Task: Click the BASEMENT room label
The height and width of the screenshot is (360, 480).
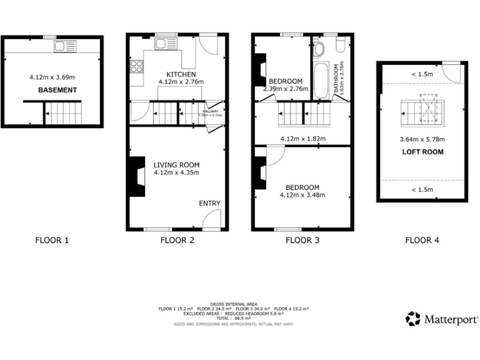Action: pyautogui.click(x=57, y=90)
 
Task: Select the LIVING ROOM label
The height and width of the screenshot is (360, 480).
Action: pyautogui.click(x=177, y=165)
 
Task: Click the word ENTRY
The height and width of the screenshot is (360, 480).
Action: pyautogui.click(x=209, y=204)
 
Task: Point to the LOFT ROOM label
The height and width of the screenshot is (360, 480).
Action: pyautogui.click(x=422, y=152)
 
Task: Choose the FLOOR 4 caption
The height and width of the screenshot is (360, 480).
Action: pyautogui.click(x=422, y=240)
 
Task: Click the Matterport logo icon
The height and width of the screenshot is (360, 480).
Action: pyautogui.click(x=413, y=319)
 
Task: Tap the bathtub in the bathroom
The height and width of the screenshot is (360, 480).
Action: pyautogui.click(x=321, y=80)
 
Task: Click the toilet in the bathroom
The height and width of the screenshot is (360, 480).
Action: pyautogui.click(x=319, y=48)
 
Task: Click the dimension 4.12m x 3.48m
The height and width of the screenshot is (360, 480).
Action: pyautogui.click(x=302, y=195)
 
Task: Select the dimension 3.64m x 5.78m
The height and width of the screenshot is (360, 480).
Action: pyautogui.click(x=422, y=140)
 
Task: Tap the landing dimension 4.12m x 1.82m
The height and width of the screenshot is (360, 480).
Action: pyautogui.click(x=302, y=139)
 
